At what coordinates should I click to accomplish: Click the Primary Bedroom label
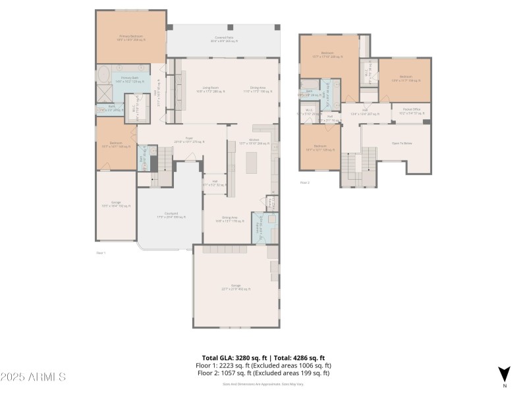(131, 38)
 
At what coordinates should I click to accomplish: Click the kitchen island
(252, 162)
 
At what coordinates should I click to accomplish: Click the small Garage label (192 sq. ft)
(116, 204)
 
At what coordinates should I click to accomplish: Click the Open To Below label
(402, 143)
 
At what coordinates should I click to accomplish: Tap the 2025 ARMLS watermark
(33, 377)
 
